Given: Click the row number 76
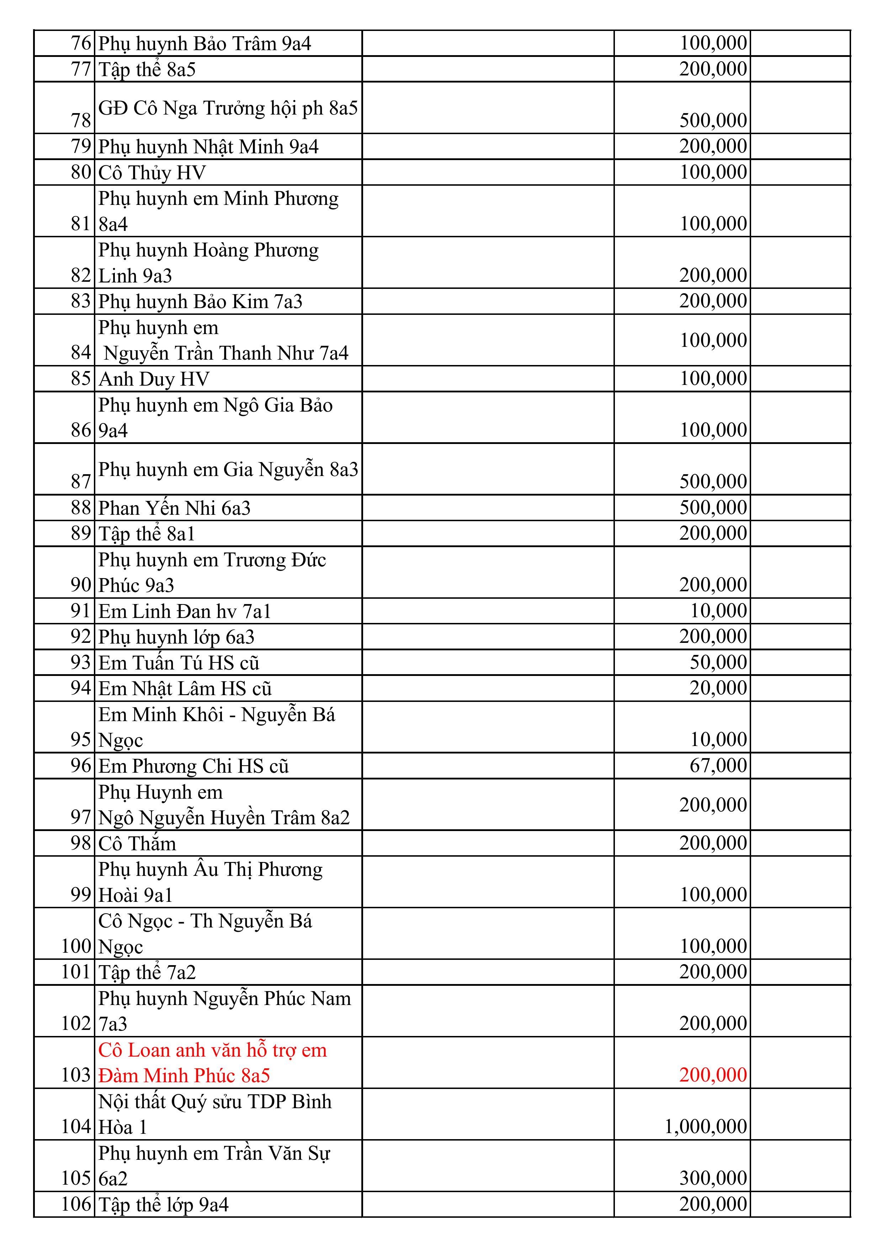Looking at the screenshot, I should pos(81,43).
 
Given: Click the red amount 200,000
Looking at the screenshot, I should pos(713,1075).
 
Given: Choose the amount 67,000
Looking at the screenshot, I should pos(718,765).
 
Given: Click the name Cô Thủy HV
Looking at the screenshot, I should pos(152,173).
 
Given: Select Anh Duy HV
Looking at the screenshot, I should pos(154,379).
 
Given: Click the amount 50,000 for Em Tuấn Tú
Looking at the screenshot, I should pos(718,662).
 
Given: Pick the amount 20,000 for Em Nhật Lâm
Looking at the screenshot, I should pos(718,688).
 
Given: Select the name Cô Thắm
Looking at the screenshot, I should pos(138,844).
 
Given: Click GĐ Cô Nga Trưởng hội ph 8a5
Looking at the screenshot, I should pos(228,108).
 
